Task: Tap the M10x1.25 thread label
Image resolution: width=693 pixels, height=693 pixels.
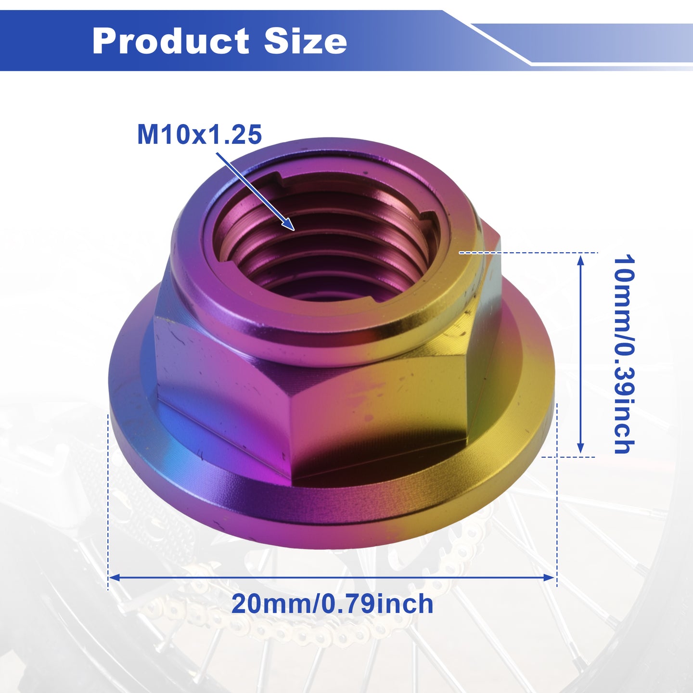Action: [x=200, y=135]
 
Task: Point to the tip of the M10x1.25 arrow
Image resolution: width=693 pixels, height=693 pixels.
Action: [x=294, y=230]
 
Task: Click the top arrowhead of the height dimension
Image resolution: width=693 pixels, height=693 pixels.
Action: [x=580, y=260]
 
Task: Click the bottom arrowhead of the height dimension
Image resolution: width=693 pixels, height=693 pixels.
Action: [x=580, y=448]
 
